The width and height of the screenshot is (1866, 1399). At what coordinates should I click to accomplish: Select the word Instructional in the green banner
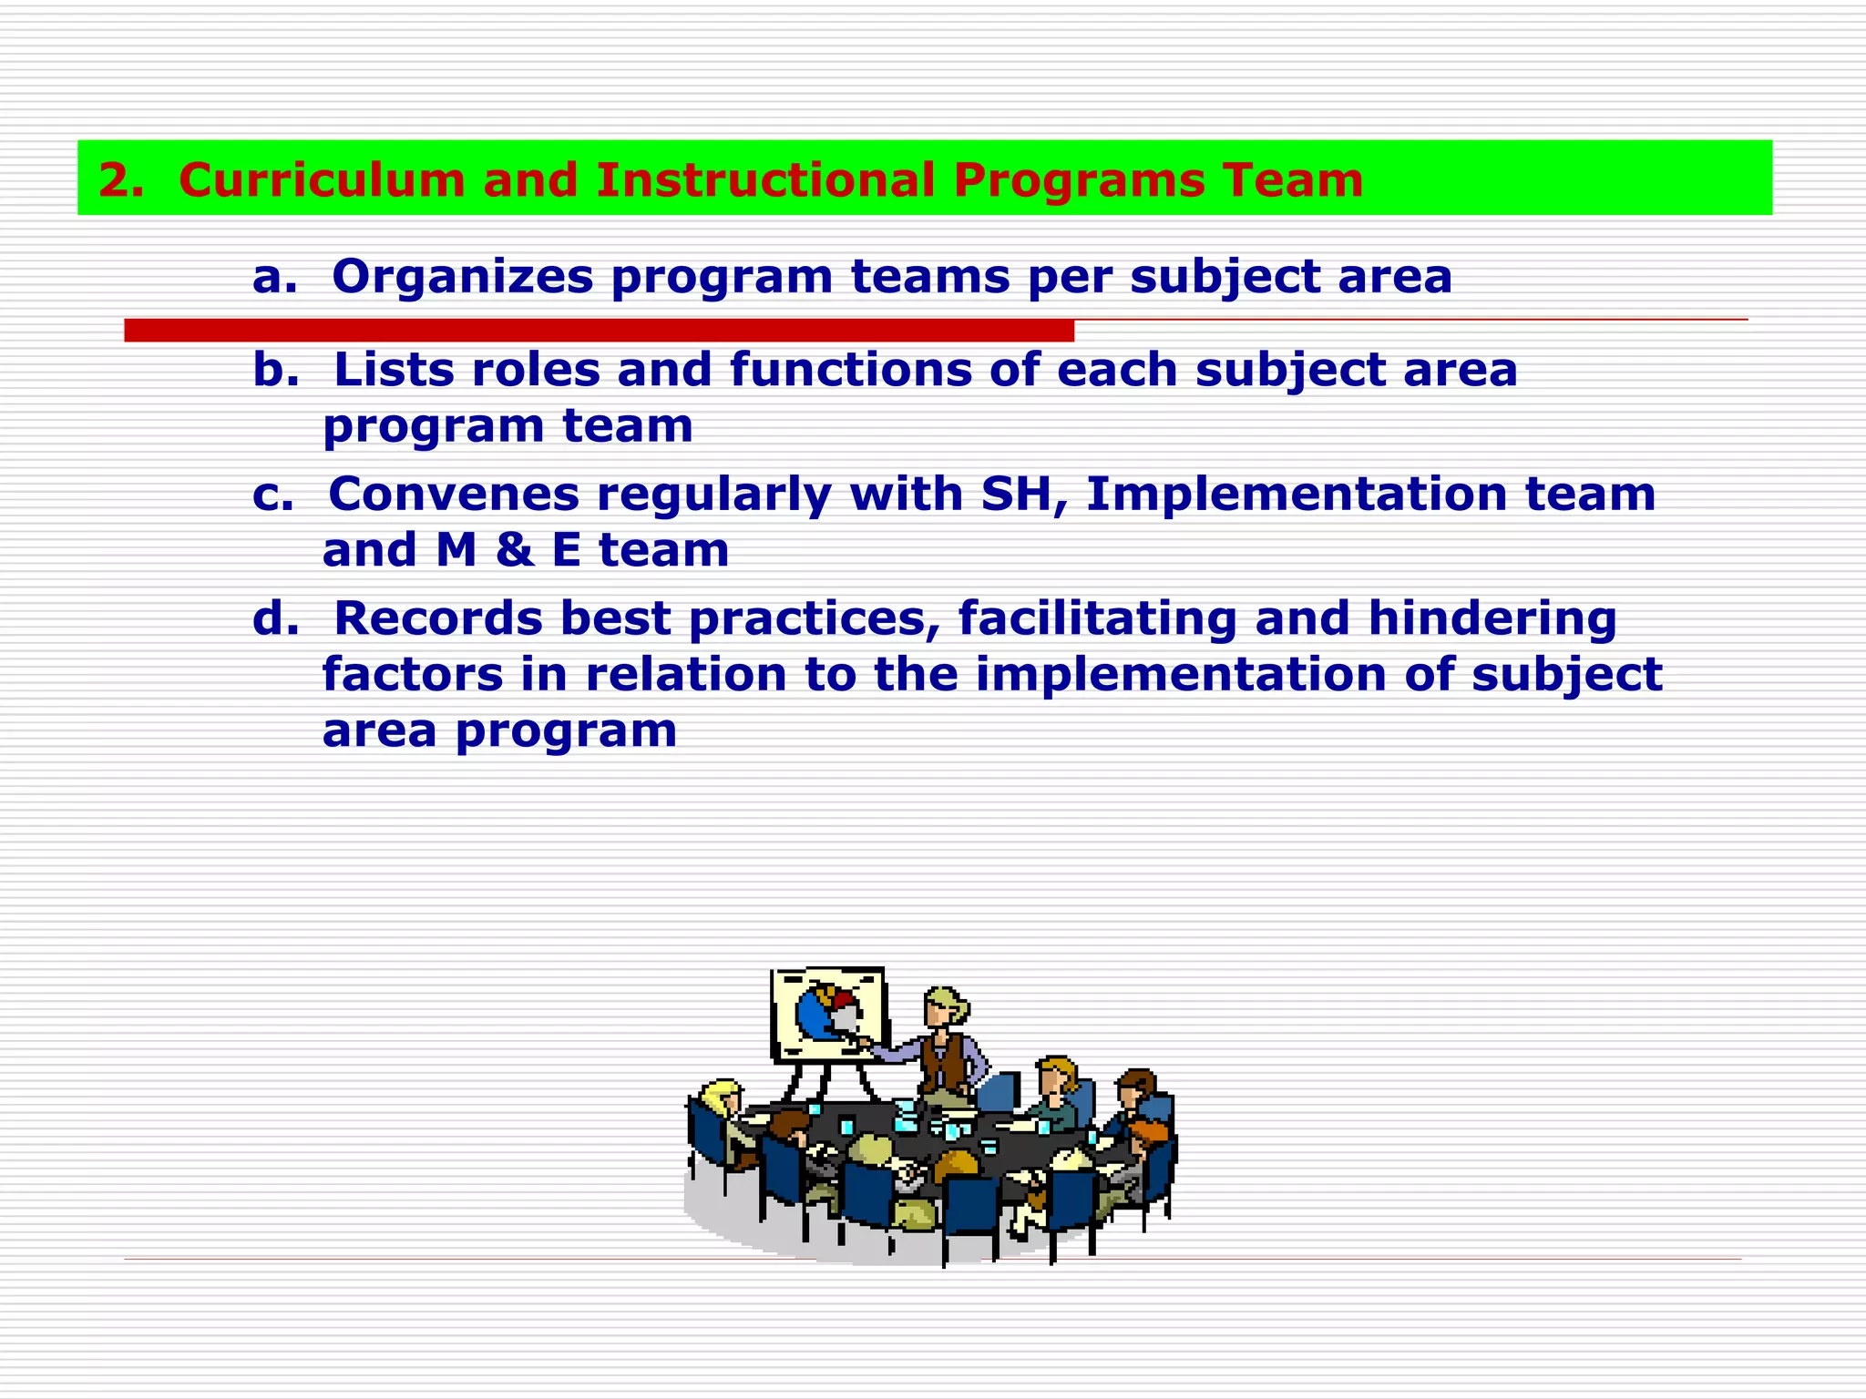765,179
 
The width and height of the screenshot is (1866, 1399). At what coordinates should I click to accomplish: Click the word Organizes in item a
462,276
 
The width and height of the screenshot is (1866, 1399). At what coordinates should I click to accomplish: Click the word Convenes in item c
453,494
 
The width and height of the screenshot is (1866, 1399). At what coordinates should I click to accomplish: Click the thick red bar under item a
599,331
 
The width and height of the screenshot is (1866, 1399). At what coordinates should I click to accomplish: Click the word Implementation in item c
1296,494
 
